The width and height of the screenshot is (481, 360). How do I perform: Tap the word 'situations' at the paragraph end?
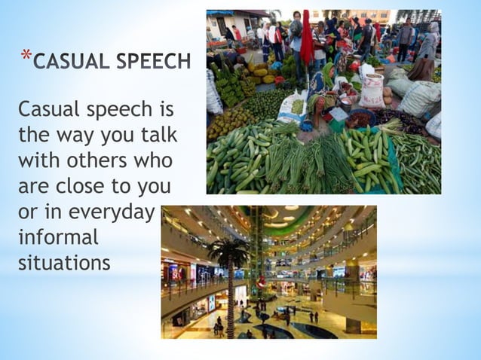(64, 263)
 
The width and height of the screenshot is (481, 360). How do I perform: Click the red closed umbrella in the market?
(306, 38)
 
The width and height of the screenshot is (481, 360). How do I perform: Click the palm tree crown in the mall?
(229, 253)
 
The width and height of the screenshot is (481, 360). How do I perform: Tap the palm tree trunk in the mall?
(230, 301)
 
